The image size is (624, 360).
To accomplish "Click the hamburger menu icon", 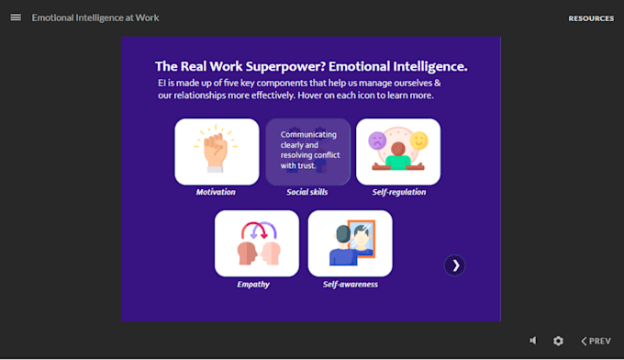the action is pos(16,17).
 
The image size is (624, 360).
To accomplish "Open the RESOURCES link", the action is pos(591,18).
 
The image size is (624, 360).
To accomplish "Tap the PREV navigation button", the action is pos(596,341).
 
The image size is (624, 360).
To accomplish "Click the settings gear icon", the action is pos(558,341).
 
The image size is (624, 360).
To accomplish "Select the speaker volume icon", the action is pos(533,341).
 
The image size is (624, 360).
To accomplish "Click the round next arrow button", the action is pos(454,265).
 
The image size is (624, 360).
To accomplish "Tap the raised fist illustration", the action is pos(216,149).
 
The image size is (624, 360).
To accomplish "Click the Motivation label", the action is pos(216,192).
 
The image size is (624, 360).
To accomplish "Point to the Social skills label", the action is pos(307,192).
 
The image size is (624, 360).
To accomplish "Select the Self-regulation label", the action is pos(399,192).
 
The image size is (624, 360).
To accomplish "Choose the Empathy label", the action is pos(253,285).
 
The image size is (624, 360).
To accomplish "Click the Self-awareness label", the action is pos(351,285).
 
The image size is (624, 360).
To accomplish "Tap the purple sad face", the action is pos(377,141).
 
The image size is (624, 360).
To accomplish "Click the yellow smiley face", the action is pos(419,141).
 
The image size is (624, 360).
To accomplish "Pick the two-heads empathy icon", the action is pos(259,243).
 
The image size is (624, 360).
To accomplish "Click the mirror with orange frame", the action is pos(362,240).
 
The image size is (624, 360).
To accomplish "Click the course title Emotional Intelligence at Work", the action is pos(95,17).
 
